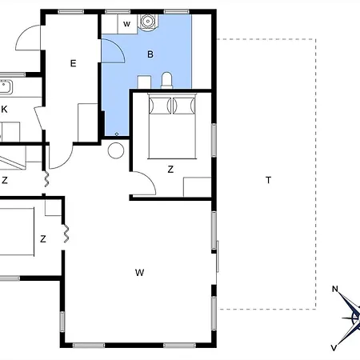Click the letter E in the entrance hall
pos(73,62)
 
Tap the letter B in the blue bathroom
pos(150,54)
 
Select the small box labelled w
pos(126,24)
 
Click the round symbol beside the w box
pos(147,22)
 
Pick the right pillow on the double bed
pos(184,105)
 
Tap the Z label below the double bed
pos(170,169)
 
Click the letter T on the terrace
pos(268,180)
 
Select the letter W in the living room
pos(139,273)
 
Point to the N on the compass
pos(336,290)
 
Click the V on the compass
pos(334,347)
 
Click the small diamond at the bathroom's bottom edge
pos(118,133)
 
